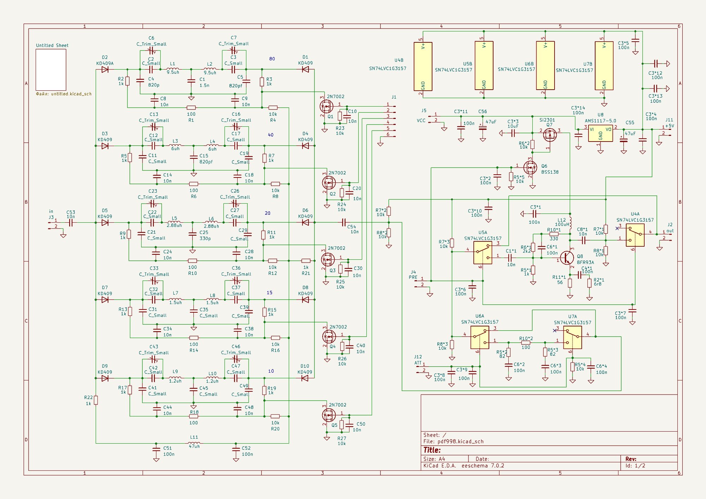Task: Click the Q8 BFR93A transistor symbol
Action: (x=567, y=258)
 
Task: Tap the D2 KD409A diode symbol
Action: (x=105, y=70)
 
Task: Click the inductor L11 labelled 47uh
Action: (x=194, y=443)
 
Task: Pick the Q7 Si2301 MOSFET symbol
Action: (x=550, y=134)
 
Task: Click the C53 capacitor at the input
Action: (x=71, y=223)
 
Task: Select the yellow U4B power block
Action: (x=423, y=66)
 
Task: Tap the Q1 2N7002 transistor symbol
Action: (x=326, y=106)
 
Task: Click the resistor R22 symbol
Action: (x=96, y=400)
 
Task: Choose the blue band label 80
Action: (x=272, y=59)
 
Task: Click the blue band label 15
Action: (x=269, y=293)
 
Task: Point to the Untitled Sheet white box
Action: (x=51, y=70)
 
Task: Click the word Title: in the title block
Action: (x=432, y=450)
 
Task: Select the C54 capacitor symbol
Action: (x=344, y=222)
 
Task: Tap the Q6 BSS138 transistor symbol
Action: (x=530, y=168)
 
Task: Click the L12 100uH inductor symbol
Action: (x=570, y=220)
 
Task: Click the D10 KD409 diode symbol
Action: (x=305, y=378)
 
